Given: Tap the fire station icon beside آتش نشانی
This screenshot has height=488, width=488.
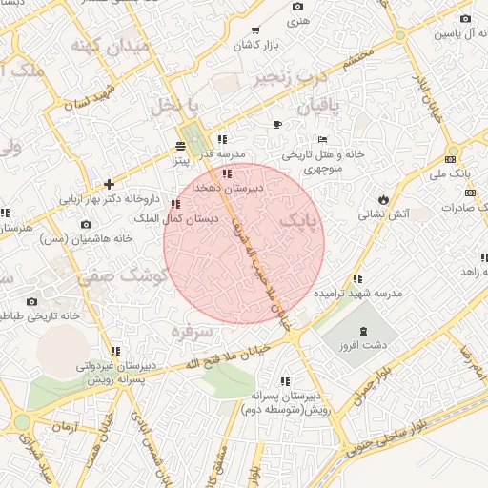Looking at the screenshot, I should [x=383, y=199].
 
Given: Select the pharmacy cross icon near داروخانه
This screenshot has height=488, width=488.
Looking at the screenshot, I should [x=110, y=184].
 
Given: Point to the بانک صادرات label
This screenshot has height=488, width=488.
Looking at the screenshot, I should [x=465, y=207].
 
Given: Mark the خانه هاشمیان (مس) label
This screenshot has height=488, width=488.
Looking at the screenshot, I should [x=86, y=238].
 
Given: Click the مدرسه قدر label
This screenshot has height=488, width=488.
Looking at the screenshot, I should [x=230, y=152].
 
